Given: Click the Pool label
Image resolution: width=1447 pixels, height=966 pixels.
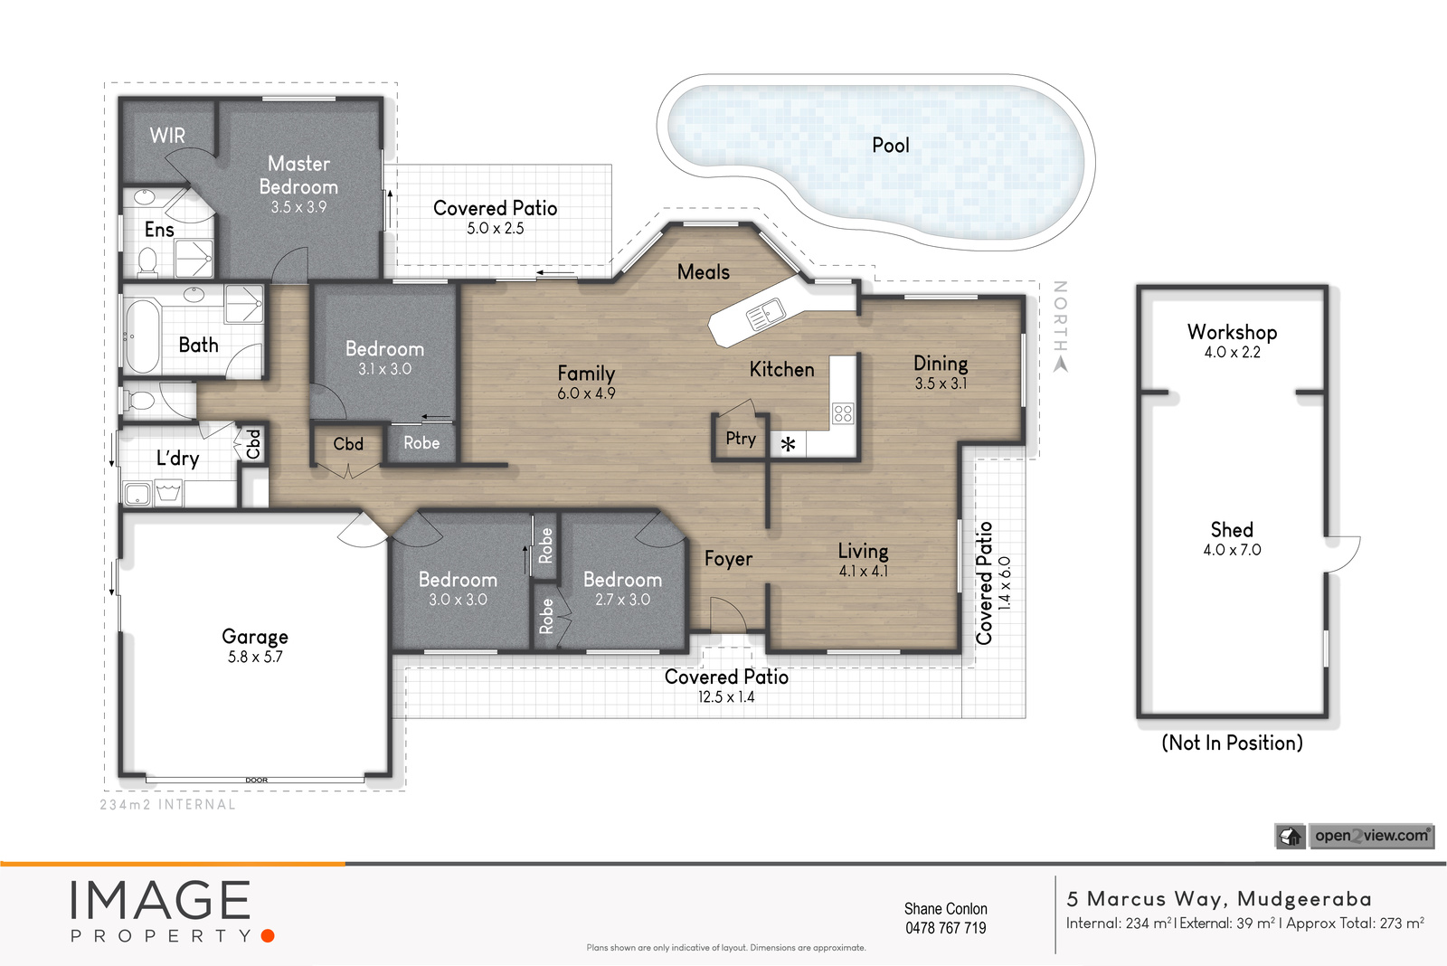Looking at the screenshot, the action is (890, 146).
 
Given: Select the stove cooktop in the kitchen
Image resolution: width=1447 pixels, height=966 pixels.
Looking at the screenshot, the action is (842, 412).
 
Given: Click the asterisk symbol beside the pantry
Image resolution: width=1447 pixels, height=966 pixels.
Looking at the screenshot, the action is (788, 444).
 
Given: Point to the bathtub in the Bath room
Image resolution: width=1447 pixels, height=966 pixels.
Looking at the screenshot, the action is (141, 336).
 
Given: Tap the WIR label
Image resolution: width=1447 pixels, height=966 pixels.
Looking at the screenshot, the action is (167, 135).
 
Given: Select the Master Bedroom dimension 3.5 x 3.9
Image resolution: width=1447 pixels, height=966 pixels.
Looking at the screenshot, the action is (298, 207).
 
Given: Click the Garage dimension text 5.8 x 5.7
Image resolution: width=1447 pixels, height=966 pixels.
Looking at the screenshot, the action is (255, 657).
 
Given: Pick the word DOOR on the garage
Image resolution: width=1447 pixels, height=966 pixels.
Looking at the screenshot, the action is (257, 780).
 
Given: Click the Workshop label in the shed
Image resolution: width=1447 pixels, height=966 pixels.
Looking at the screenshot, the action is (1232, 332).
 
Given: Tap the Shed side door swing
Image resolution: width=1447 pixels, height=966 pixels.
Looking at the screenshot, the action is (1342, 554).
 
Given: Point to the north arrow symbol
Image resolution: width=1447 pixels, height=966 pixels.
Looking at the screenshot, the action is (1060, 365).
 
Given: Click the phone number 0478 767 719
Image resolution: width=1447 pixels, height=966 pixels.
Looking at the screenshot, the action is (946, 928).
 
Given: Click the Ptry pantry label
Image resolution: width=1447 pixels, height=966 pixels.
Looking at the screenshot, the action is (741, 439).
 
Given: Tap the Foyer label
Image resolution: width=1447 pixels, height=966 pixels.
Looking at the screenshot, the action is (728, 559).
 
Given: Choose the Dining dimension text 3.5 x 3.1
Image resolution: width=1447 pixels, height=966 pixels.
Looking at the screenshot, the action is (941, 384).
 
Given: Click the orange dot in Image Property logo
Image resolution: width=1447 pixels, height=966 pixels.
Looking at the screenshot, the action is (268, 935).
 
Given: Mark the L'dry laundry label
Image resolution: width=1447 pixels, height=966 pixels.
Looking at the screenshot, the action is (177, 458).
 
